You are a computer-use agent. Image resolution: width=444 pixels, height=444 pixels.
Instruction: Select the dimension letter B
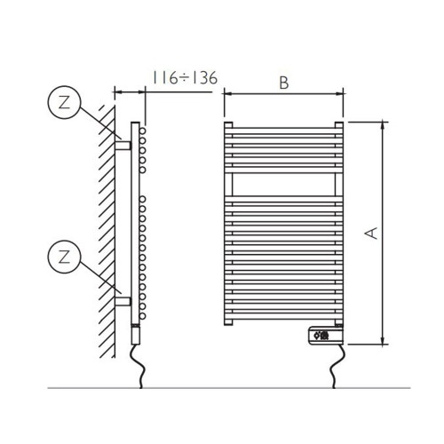coord(283,83)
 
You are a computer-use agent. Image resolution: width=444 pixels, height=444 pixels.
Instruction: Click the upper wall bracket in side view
coord(123,142)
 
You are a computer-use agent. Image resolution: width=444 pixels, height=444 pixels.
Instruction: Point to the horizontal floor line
coord(222,388)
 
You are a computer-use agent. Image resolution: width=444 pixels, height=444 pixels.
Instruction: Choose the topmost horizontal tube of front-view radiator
coord(283,123)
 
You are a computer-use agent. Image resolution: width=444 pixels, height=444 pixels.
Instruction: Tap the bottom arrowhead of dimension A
coord(384,340)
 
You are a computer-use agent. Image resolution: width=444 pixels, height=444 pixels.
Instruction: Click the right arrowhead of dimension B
coord(340,92)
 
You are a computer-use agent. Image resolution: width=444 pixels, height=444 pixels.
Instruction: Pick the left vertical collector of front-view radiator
coord(227,222)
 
